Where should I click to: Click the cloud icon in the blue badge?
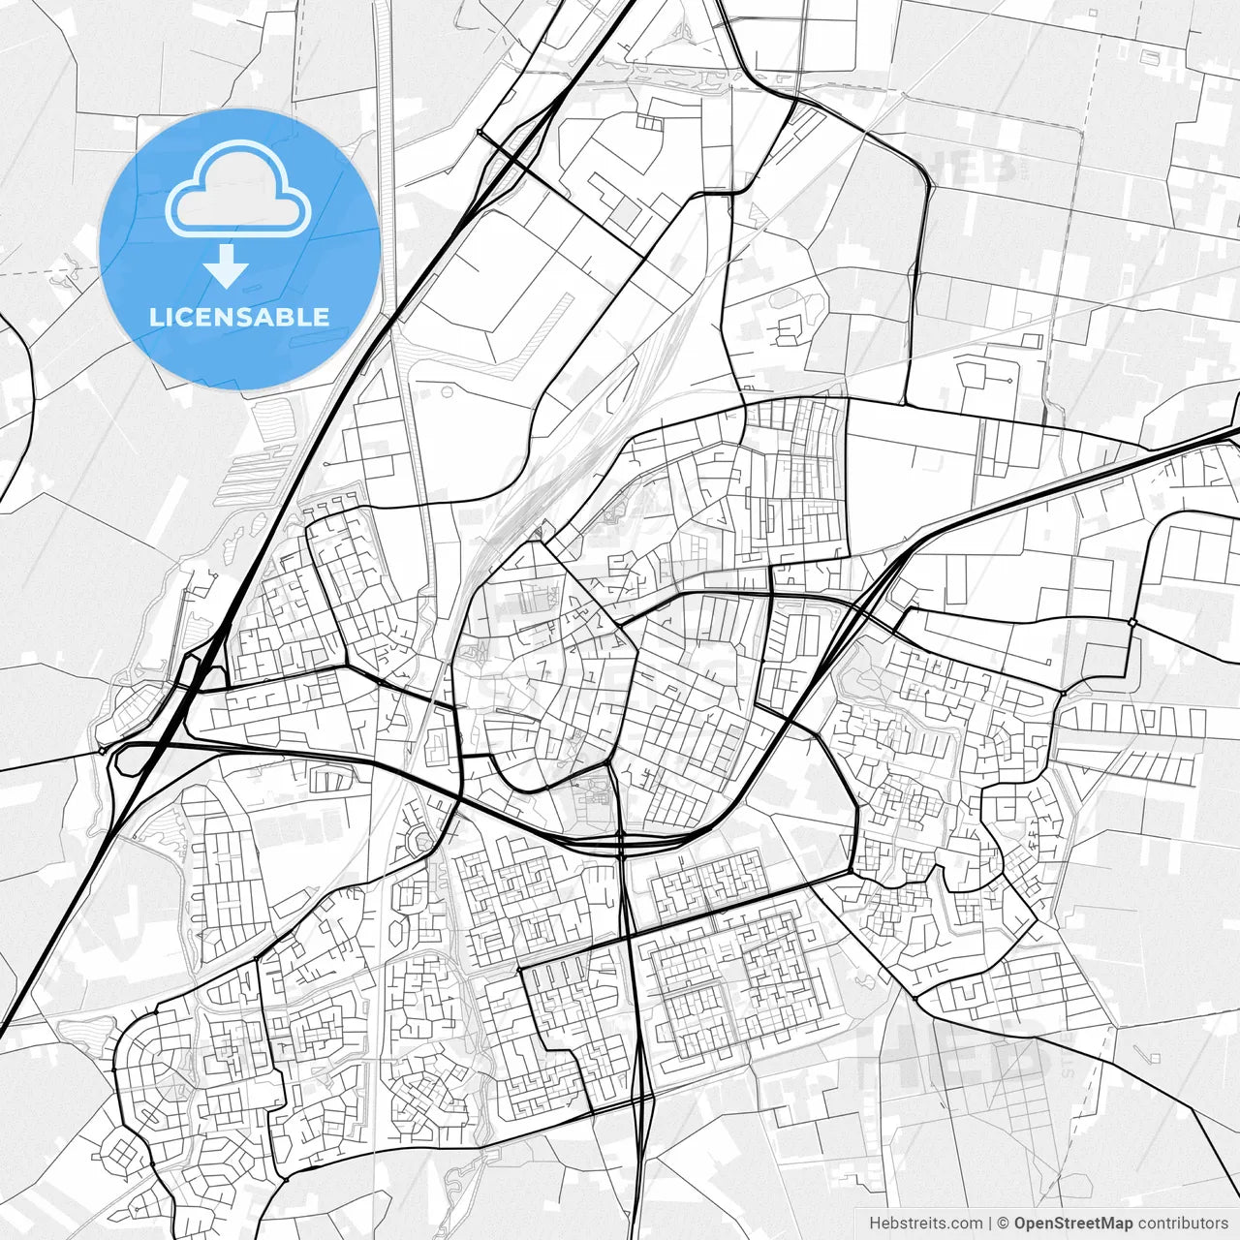point(237,189)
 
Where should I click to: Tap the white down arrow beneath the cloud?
point(227,265)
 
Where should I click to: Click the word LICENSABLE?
point(239,317)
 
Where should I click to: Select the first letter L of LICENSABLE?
point(155,317)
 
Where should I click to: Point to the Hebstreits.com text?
point(925,1224)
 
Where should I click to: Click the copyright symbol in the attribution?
point(1004,1224)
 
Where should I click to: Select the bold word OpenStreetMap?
point(1073,1224)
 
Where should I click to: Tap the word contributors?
point(1183,1224)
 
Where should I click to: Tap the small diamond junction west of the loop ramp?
point(102,749)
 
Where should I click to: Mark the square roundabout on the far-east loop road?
point(1131,621)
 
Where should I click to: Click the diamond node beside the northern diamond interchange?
point(480,132)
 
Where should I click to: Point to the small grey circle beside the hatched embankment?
point(448,392)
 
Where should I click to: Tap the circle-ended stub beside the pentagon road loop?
point(1009,381)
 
